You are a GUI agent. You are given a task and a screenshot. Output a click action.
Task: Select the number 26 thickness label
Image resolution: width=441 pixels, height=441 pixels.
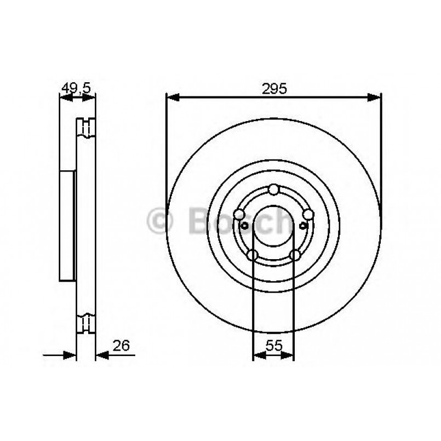pyautogui.click(x=121, y=345)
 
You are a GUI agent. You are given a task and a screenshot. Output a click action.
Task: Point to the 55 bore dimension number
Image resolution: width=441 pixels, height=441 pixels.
pyautogui.click(x=273, y=345)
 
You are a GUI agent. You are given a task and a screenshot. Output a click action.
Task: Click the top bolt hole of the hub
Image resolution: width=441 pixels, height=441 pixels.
pyautogui.click(x=273, y=190)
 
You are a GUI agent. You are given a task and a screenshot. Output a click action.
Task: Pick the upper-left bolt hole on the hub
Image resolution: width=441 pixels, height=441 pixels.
pyautogui.click(x=238, y=214)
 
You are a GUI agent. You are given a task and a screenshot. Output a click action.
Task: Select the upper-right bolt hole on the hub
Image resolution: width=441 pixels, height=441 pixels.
pyautogui.click(x=308, y=214)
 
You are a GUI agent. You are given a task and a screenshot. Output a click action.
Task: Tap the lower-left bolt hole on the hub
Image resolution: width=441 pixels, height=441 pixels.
pyautogui.click(x=252, y=255)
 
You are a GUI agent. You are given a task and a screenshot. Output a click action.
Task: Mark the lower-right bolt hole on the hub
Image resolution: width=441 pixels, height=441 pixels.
pyautogui.click(x=295, y=255)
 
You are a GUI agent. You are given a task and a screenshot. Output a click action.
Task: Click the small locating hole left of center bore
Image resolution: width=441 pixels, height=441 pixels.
pyautogui.click(x=245, y=225)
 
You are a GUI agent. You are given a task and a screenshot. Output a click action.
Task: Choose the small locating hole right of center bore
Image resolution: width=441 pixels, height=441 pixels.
pyautogui.click(x=302, y=225)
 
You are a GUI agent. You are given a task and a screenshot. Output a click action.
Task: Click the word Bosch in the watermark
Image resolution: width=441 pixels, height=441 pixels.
pyautogui.click(x=238, y=221)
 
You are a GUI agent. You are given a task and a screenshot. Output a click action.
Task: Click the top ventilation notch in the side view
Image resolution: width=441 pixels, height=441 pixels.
pyautogui.click(x=85, y=127)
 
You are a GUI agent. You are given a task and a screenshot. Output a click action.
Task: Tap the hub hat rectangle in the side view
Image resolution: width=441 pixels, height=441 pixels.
pyautogui.click(x=66, y=226)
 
